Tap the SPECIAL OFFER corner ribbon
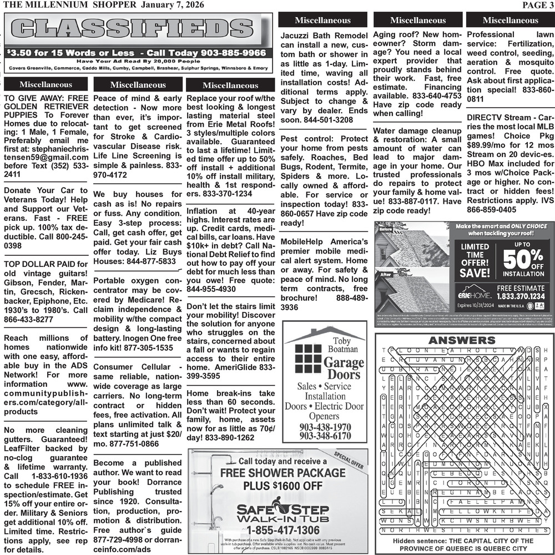(348, 460)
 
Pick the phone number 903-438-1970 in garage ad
(325, 427)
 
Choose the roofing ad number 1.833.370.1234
(521, 296)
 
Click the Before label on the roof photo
(386, 229)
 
